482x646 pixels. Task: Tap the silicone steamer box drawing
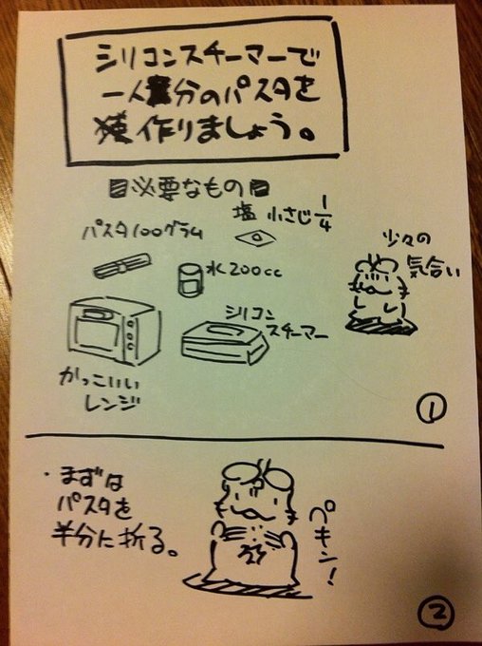[x=224, y=343]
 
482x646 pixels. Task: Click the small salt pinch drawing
[x=253, y=236]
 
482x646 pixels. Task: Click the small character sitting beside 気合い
[x=382, y=290]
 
